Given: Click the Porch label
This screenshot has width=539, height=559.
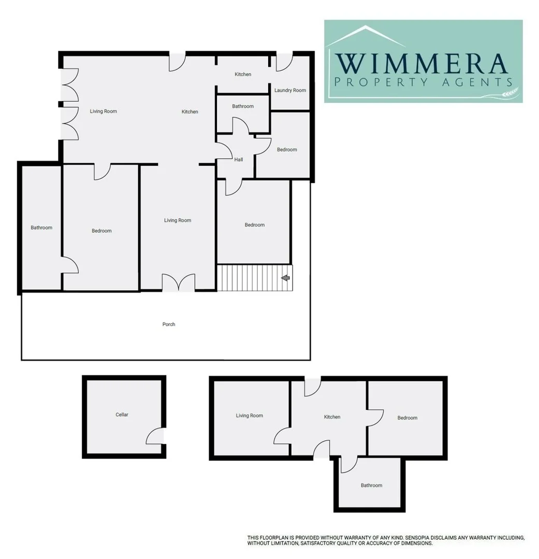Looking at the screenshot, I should coord(169,325).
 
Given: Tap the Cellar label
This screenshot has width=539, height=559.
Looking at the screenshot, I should coord(122,415).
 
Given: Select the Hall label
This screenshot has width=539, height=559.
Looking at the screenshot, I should coord(239,160).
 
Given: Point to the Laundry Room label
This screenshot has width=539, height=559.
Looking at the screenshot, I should coord(290,91).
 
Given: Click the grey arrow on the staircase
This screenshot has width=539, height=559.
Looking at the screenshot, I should coord(285,278).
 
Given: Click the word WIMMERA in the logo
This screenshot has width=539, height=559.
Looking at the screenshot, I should coord(421,64).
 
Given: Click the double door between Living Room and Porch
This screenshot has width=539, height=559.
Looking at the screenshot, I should coord(179,283).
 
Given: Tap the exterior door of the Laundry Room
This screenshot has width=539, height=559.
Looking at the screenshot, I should coord(284,61).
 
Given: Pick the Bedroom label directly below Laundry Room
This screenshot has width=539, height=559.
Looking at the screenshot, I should coord(287,150).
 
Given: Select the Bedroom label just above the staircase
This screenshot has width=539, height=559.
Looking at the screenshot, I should coord(255,225).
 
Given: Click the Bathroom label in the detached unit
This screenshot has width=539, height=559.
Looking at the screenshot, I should coord(371,486).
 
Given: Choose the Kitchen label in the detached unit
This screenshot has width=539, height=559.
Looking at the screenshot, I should coord(332,417).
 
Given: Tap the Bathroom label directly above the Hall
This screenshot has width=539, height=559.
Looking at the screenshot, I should coord(243,107).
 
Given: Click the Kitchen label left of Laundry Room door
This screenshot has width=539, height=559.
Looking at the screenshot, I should coord(243,75).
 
